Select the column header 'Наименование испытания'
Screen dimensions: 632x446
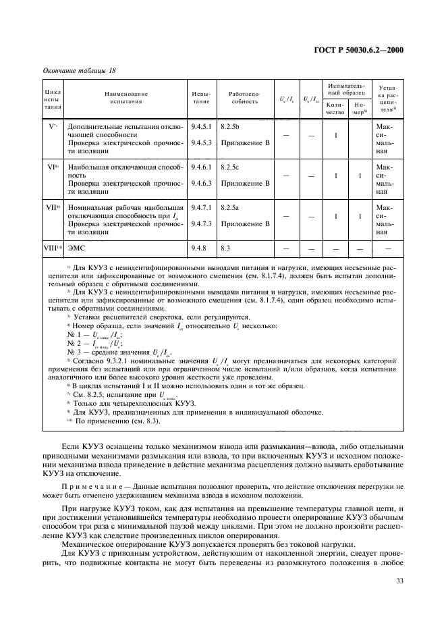(x=126, y=97)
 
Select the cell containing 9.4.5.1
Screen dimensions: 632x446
(x=201, y=126)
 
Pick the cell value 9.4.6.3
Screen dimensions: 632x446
(x=201, y=182)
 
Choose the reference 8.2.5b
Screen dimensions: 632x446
(x=230, y=126)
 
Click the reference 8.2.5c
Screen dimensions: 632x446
(x=230, y=165)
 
